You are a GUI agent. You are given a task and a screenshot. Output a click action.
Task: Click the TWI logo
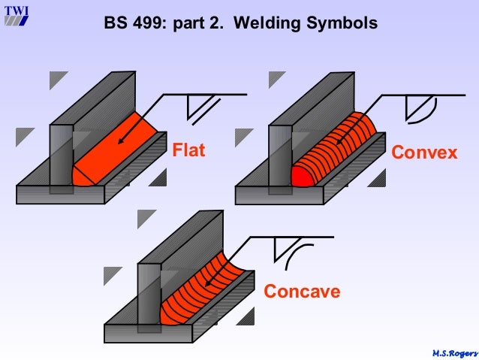coord(15,14)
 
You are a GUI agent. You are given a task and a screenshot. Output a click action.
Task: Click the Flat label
coord(190,151)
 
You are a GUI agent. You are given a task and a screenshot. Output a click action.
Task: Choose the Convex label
coord(424,153)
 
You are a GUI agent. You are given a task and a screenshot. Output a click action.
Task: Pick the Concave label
coord(302,291)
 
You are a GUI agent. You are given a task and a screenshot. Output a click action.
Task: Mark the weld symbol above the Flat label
coord(201,109)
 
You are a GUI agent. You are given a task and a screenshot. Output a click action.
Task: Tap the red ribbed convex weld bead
coord(334,150)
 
